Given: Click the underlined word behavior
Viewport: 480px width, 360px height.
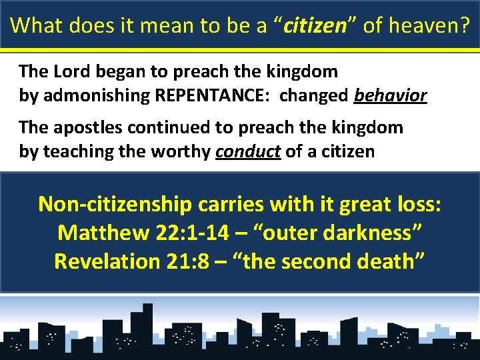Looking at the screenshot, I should pyautogui.click(x=391, y=95).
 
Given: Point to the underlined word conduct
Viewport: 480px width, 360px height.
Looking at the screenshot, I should pyautogui.click(x=248, y=152).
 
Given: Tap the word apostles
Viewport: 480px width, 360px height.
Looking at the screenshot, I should pyautogui.click(x=81, y=127).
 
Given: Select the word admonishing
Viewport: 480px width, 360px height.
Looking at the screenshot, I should pyautogui.click(x=96, y=95).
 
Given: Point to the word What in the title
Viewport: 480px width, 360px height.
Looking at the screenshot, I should pyautogui.click(x=36, y=25).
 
